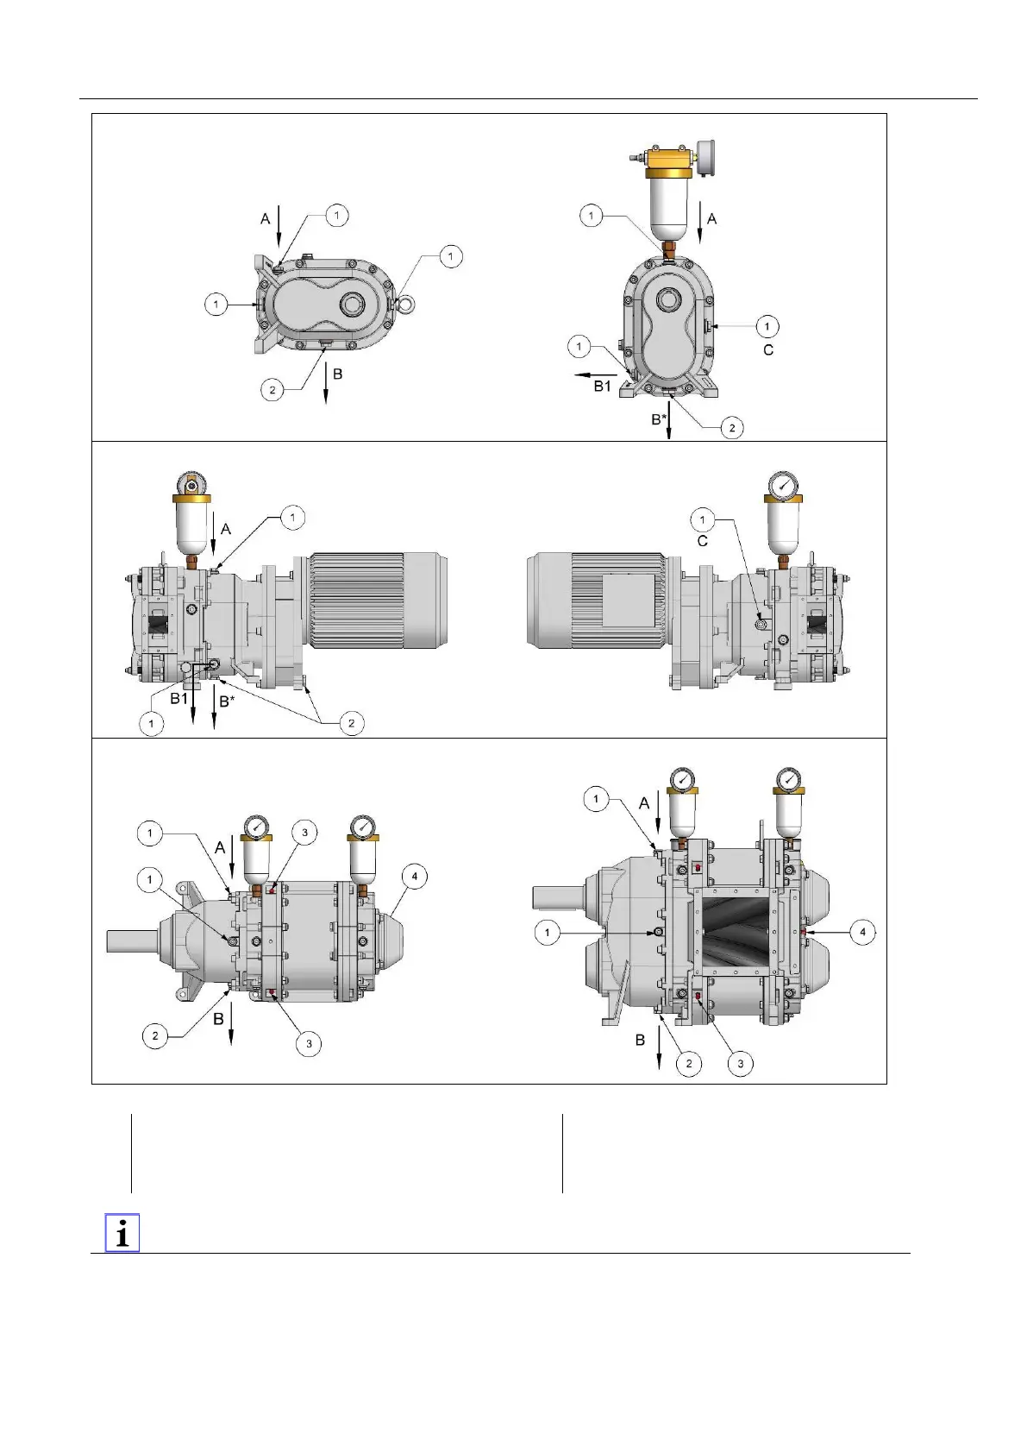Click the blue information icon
122,1233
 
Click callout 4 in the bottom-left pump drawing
415,877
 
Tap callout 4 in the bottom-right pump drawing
862,932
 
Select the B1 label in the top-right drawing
602,386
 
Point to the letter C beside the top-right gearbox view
768,349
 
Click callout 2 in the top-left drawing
272,390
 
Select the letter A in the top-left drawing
266,219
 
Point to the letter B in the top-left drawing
338,374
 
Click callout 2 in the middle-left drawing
351,723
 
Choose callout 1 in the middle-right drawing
703,519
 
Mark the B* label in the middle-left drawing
226,701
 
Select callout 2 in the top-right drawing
731,427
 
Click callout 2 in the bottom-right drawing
688,1063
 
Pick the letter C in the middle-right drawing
702,541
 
